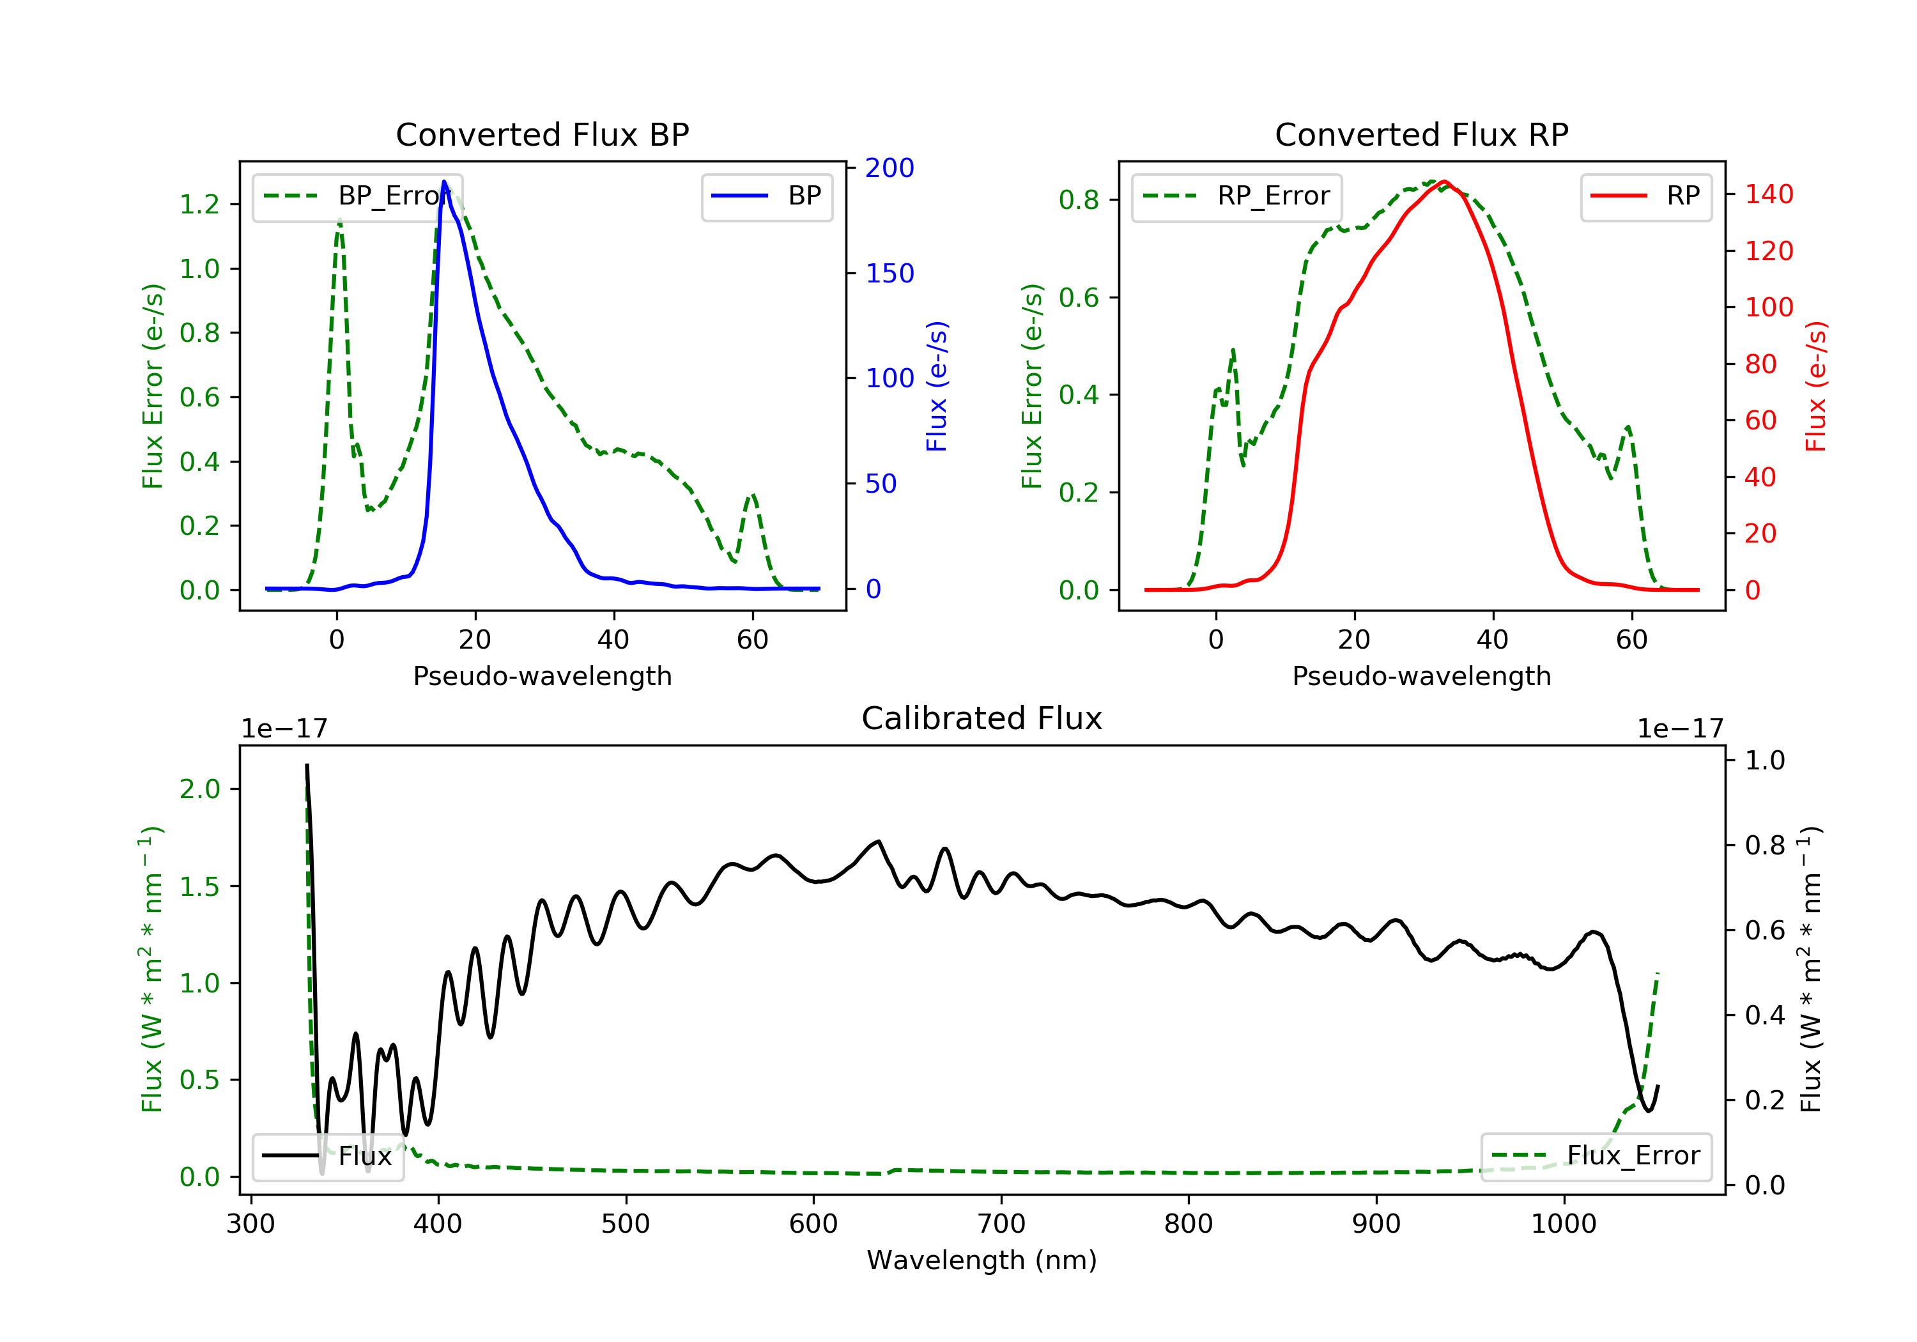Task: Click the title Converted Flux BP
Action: (x=542, y=134)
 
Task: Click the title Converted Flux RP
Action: (x=1421, y=134)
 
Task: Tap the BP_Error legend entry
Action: (x=357, y=196)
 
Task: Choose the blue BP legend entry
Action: (x=766, y=196)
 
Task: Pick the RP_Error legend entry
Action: (x=1236, y=196)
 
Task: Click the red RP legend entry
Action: (x=1645, y=196)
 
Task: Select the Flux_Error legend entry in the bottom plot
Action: (x=1596, y=1156)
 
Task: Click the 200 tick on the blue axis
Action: (x=889, y=168)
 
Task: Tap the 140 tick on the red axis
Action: (x=1768, y=194)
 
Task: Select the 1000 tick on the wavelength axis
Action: (x=1563, y=1224)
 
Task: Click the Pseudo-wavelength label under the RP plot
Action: (x=1421, y=675)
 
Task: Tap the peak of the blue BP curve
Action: (x=444, y=181)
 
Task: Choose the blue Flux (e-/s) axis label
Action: (x=937, y=386)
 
